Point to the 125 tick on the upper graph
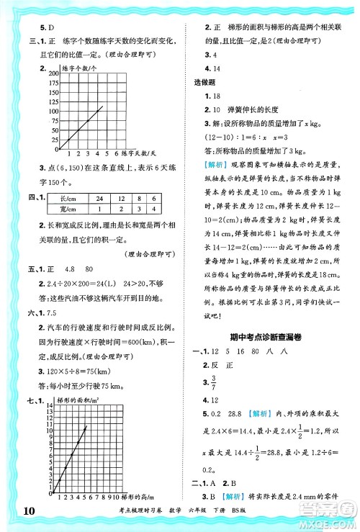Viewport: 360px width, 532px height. tap(52, 102)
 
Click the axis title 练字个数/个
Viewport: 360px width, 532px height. tap(81, 67)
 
